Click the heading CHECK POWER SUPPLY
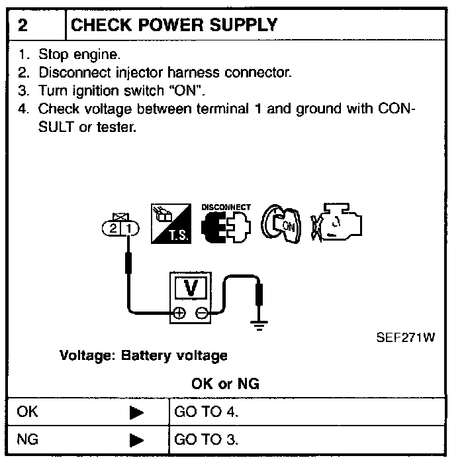point(173,26)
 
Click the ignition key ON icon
point(279,226)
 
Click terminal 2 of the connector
point(114,229)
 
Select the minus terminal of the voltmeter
point(201,313)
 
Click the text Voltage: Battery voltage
point(144,355)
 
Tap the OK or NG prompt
point(225,383)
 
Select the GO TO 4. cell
point(206,412)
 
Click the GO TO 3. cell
point(206,439)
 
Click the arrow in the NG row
point(136,439)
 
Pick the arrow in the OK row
point(136,413)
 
